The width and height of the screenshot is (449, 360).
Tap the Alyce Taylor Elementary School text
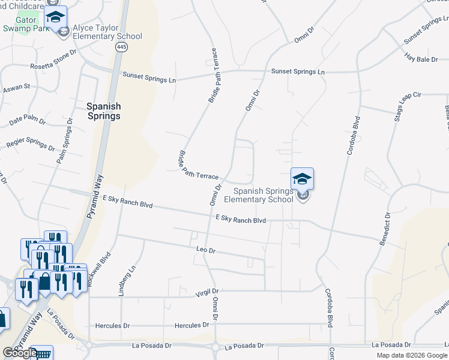tap(107, 32)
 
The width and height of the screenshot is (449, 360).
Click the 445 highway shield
tap(122, 47)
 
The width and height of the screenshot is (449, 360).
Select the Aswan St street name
tap(16, 88)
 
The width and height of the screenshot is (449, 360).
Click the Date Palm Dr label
tap(28, 120)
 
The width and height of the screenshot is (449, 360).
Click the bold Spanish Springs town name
tap(103, 111)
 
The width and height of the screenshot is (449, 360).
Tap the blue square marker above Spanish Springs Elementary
tap(302, 178)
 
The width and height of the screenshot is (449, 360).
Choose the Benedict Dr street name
tap(384, 229)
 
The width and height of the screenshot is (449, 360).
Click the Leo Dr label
tap(205, 250)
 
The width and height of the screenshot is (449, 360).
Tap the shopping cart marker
tap(42, 355)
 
